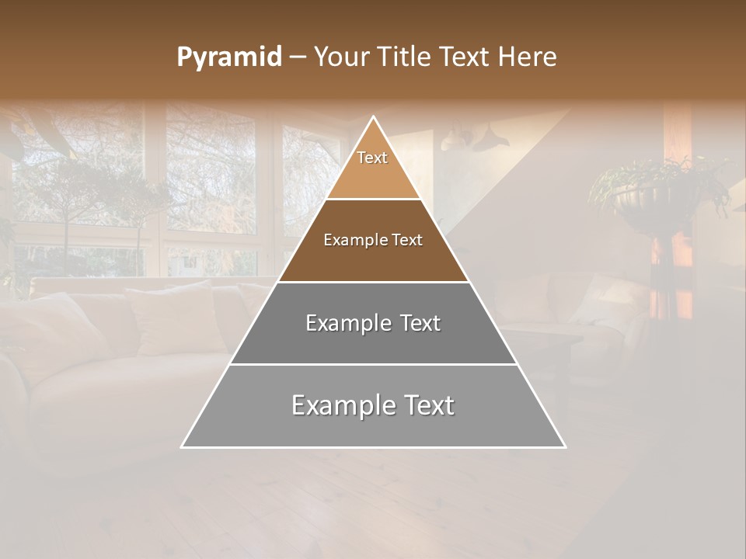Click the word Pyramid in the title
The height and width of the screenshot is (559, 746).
click(228, 57)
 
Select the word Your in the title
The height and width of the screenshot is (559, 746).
click(342, 57)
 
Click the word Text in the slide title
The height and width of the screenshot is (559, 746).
click(465, 57)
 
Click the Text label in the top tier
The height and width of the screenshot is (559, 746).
click(372, 158)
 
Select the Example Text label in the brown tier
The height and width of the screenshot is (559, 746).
click(373, 240)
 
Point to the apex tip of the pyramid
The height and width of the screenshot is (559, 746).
click(374, 118)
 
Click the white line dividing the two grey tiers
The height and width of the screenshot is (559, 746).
click(373, 364)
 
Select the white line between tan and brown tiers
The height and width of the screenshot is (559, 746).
click(373, 200)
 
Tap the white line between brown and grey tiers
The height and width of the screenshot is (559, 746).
click(373, 282)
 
